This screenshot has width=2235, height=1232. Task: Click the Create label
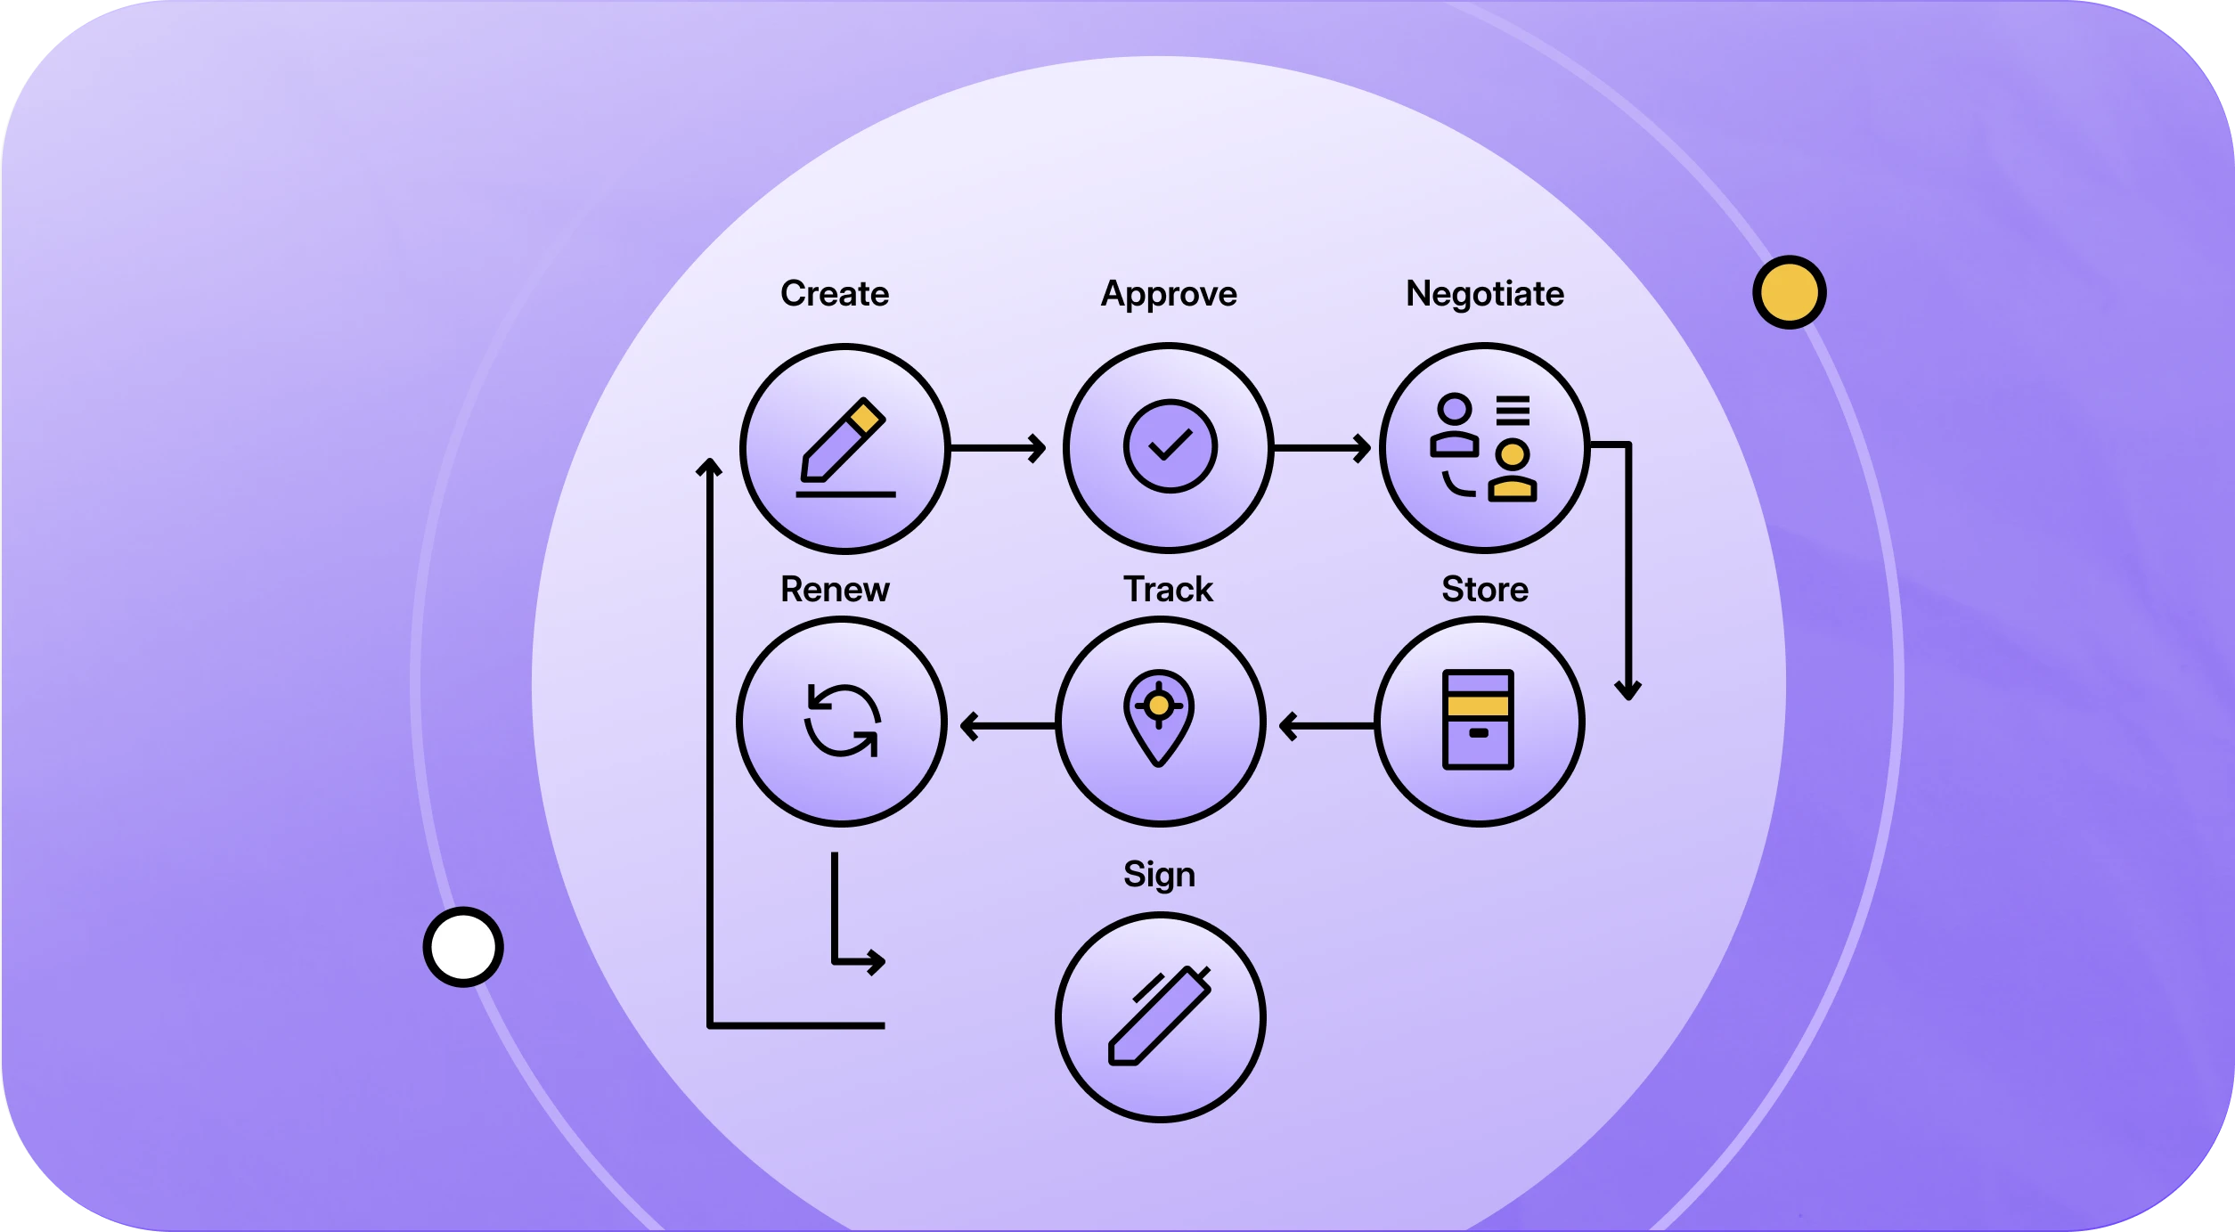tap(834, 294)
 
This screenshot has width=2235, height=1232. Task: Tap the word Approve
tap(1168, 294)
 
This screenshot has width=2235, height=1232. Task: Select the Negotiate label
tap(1484, 294)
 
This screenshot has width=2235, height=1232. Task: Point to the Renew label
tap(834, 590)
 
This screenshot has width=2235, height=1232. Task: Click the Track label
tap(1167, 590)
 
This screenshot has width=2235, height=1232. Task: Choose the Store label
tap(1484, 590)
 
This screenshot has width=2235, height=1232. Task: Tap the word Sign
tap(1158, 875)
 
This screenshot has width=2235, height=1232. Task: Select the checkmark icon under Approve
tap(1169, 445)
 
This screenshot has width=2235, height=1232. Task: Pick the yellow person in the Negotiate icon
tap(1512, 470)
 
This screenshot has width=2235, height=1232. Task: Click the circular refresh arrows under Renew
tap(842, 720)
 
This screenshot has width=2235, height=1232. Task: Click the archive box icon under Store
tap(1477, 719)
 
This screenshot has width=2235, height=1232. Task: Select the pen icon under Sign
tap(1159, 1016)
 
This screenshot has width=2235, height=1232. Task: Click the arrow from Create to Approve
tap(998, 448)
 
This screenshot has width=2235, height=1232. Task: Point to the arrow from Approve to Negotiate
tap(1322, 448)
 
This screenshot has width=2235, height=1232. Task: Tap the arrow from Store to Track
tap(1326, 726)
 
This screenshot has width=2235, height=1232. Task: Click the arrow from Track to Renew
tap(1008, 726)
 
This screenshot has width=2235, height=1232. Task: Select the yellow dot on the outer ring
tap(1789, 292)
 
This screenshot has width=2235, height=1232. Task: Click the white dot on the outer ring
tap(462, 946)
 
